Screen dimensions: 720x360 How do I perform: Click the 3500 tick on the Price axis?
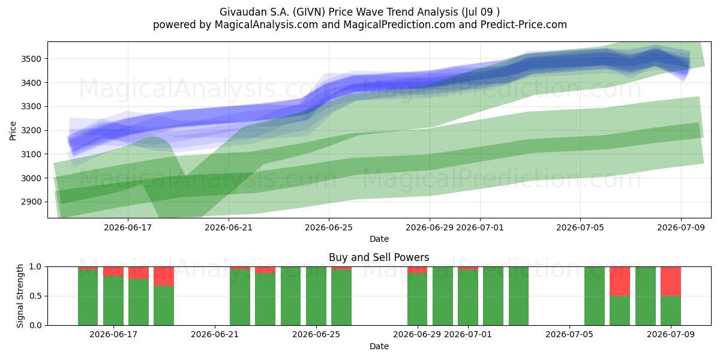pos(31,59)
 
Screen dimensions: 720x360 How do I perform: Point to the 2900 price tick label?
pos(31,202)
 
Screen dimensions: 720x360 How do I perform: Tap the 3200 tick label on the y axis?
pos(31,131)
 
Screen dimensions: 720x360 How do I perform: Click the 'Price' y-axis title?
pos(13,131)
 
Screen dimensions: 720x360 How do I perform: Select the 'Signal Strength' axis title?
pos(20,296)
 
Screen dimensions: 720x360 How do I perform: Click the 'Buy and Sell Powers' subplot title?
pos(379,257)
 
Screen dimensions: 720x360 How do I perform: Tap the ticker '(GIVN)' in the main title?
pos(309,12)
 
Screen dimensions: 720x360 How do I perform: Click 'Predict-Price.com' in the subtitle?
pos(524,25)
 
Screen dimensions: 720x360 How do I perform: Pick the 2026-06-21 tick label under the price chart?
pos(229,227)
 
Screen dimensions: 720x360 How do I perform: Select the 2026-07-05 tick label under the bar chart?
pos(569,334)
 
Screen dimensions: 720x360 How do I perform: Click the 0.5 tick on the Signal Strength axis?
pos(35,296)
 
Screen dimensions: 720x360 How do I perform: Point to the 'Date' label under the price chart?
pos(379,239)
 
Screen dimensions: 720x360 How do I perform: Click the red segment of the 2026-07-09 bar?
pos(671,281)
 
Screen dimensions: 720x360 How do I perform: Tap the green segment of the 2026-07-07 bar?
pos(620,311)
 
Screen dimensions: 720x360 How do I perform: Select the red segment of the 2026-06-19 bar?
pos(164,276)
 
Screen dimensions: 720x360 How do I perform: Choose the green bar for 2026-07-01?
pos(468,298)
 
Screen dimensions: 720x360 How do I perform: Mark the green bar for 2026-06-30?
pos(443,296)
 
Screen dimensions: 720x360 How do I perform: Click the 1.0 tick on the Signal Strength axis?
pos(35,266)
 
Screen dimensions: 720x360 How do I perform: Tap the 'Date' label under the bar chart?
pos(379,346)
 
